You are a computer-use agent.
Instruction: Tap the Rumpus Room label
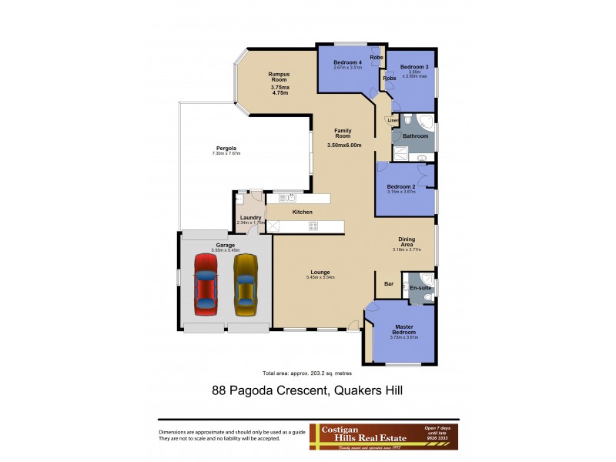coord(278,76)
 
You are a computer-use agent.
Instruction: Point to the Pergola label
coord(226,148)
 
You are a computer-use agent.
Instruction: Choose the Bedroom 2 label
coord(400,186)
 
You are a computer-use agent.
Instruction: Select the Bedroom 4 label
coord(347,62)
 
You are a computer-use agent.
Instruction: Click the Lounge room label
coord(320,272)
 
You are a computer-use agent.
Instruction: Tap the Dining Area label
coord(407,242)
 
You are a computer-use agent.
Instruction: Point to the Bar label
coord(389,284)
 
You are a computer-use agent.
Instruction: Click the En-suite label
coord(420,286)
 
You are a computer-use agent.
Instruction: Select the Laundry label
coord(250,217)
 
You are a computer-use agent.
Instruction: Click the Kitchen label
coord(301,212)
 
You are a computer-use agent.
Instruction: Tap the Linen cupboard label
coord(393,120)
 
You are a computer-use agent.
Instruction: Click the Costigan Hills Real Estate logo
coord(383,436)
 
